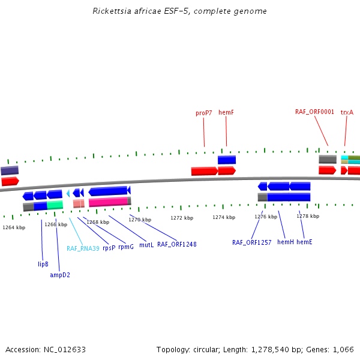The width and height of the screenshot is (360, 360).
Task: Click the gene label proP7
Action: [x=204, y=113]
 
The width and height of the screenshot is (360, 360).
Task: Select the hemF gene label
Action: [x=226, y=113]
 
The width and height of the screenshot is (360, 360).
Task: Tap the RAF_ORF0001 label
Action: [x=314, y=112]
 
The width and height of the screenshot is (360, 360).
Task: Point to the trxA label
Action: [x=347, y=113]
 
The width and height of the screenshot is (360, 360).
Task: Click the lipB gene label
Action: [x=43, y=263]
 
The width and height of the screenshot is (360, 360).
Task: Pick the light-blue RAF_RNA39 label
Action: [x=83, y=248]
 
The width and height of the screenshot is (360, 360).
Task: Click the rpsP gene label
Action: [x=109, y=247]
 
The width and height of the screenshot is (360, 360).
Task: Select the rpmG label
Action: [x=126, y=247]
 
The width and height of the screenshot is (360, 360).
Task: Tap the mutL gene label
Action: [x=146, y=245]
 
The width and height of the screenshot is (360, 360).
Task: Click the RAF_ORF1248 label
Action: [x=177, y=244]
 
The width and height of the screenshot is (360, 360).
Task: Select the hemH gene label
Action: [x=286, y=242]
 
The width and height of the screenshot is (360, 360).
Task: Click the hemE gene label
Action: [x=304, y=242]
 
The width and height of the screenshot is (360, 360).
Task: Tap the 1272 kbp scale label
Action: [x=182, y=218]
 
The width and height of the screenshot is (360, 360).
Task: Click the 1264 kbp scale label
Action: [x=14, y=227]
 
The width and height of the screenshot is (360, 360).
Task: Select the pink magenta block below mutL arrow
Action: [x=108, y=203]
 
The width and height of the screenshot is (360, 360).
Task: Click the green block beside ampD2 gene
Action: [x=55, y=205]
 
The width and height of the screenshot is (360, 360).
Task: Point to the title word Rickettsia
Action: [x=112, y=11]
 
